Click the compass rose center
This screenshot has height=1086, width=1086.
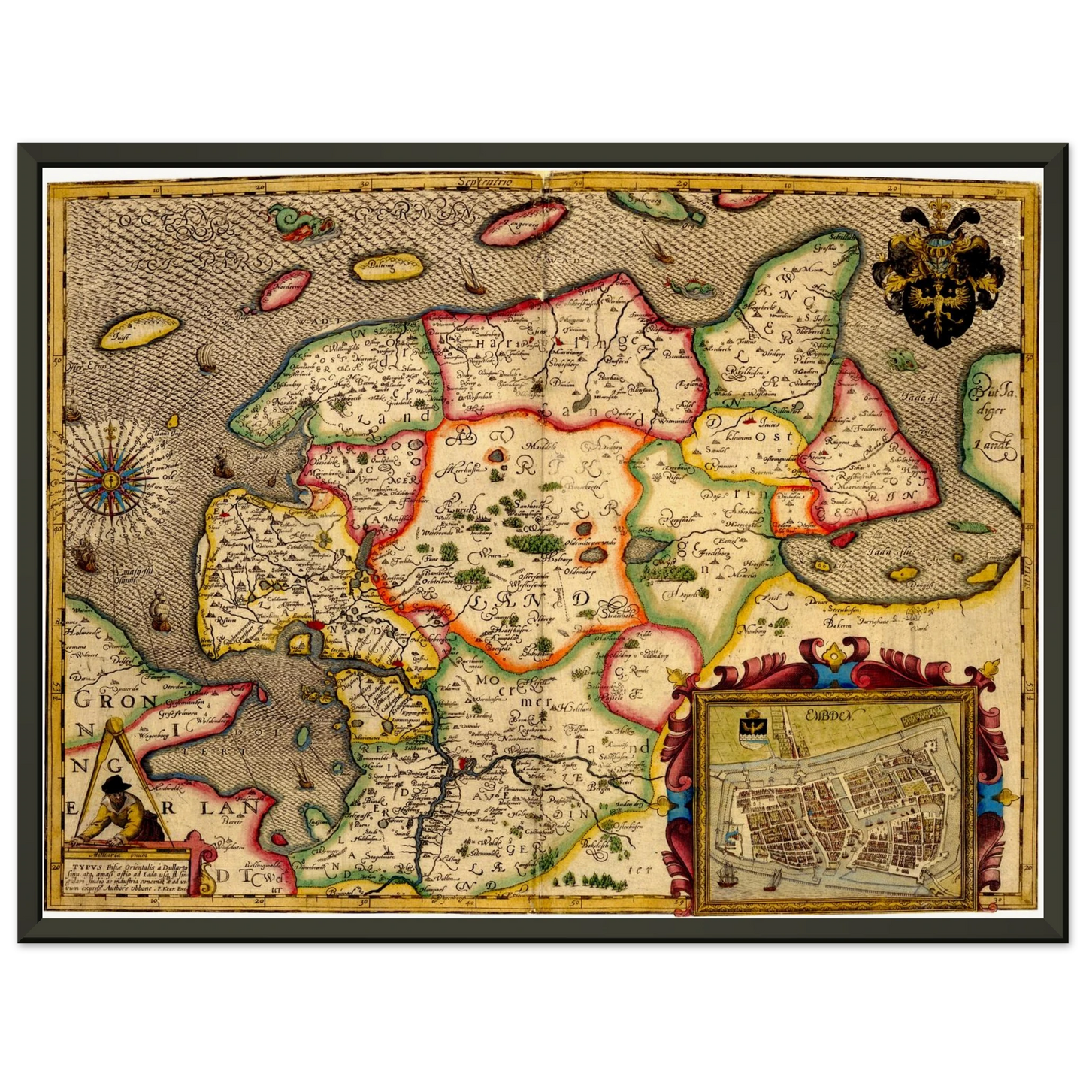coord(110,478)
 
